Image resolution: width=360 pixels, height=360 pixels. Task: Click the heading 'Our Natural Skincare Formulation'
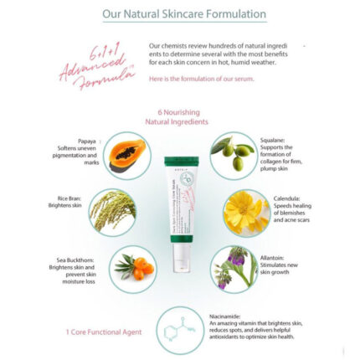tap(183, 14)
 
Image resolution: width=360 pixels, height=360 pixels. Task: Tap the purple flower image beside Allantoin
tap(234, 269)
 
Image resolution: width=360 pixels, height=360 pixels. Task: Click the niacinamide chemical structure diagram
tap(179, 330)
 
